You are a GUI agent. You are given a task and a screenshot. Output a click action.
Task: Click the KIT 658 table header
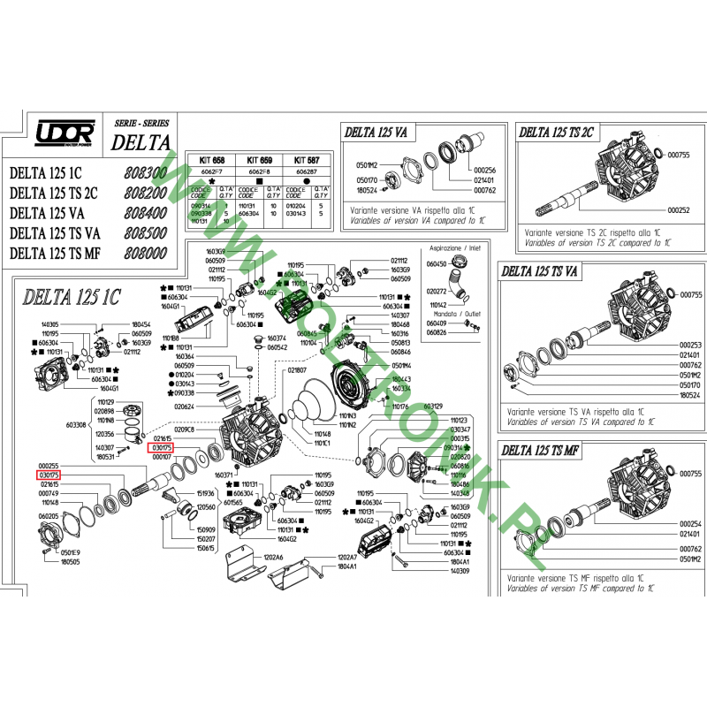coord(213,161)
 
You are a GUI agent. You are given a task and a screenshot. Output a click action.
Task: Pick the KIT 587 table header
coord(308,161)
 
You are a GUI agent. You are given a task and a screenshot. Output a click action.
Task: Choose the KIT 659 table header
coord(261,161)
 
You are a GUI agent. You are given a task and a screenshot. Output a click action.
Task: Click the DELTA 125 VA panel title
coord(376,133)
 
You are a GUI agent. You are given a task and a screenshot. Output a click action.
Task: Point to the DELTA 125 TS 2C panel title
coord(556,133)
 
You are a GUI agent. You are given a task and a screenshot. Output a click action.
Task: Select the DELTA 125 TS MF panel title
coord(541,450)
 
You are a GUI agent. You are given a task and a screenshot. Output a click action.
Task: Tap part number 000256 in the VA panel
coord(485,171)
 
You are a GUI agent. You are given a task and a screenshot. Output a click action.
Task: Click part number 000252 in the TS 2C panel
coord(679,211)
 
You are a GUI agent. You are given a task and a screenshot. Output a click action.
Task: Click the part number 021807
coord(296,369)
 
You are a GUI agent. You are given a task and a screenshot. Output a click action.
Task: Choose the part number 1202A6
coord(273,558)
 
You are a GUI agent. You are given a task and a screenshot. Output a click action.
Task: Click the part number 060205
coord(49,516)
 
